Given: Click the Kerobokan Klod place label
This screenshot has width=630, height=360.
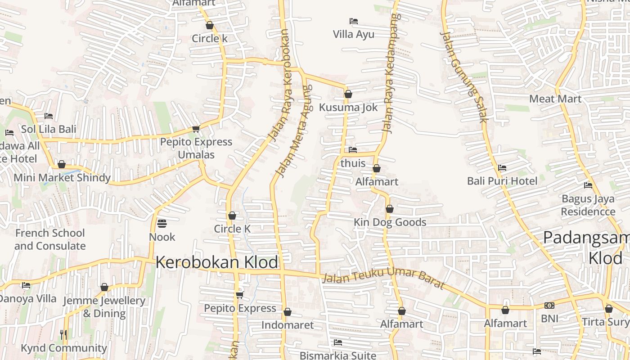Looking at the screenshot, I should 217,262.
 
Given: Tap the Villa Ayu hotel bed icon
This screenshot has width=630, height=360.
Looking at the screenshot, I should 354,21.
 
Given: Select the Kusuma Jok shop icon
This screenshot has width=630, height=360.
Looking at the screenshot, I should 348,94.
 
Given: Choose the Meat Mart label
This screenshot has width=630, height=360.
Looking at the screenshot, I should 555,99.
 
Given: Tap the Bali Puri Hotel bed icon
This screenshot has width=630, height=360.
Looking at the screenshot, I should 502,168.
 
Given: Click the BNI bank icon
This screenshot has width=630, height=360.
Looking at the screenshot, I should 549,306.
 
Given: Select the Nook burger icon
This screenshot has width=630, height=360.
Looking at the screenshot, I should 162,224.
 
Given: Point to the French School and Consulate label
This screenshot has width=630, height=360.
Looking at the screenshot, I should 50,239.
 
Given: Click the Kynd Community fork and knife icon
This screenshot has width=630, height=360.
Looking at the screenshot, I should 63,334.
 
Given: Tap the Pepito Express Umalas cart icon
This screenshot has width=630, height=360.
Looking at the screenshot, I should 196,129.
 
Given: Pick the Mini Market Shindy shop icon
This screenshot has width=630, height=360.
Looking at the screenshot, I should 62,164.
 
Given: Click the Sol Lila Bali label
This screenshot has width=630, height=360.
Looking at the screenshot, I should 49,129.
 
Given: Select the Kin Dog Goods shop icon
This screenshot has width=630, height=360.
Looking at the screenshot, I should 390,209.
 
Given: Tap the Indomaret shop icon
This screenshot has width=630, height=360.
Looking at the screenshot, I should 288,312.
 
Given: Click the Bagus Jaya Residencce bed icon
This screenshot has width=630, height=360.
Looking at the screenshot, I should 588,185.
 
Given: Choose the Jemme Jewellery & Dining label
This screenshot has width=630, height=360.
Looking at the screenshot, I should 104,307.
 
